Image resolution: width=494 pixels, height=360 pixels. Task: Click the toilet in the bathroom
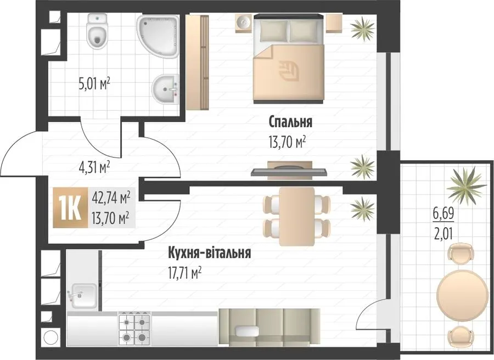[x=98, y=31]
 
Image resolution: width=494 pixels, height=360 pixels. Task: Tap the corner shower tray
[x=158, y=37]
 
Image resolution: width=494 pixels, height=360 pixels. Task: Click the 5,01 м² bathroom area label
[x=94, y=84]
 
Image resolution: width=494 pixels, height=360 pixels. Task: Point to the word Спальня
[x=290, y=122]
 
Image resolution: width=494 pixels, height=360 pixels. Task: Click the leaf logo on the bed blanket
[x=289, y=71]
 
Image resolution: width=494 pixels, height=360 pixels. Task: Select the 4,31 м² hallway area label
[x=94, y=166]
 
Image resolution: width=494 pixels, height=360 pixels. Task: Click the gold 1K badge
[x=70, y=207]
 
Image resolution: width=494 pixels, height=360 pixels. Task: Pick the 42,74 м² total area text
[x=111, y=199]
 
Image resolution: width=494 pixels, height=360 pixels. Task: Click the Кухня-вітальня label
[x=210, y=252]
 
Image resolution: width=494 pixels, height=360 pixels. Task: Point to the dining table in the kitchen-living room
[x=297, y=216]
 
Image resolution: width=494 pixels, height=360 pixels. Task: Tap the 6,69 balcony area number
[x=444, y=214]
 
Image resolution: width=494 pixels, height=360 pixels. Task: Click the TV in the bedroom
[x=289, y=172]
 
